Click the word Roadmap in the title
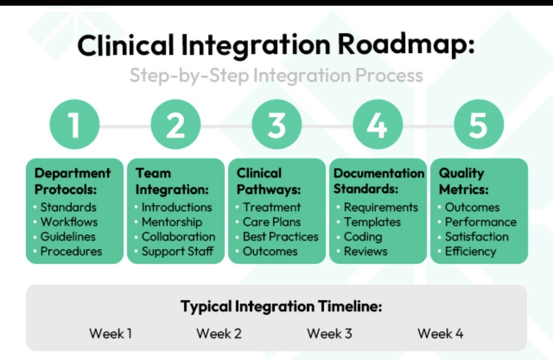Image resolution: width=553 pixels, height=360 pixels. coord(406,46)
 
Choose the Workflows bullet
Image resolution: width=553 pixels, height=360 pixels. coord(69,222)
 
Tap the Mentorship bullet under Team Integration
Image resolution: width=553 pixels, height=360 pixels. coord(172,222)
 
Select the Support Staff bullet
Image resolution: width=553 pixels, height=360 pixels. coord(177,251)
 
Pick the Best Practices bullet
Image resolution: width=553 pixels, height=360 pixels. coord(280,237)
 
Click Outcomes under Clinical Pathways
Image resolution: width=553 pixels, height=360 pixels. coord(270,251)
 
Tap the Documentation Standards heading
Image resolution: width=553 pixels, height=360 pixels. coord(379,181)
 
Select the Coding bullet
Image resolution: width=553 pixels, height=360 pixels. coord(363,237)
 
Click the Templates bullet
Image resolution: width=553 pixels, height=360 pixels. coord(372,222)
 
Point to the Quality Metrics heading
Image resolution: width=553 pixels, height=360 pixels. coord(463,181)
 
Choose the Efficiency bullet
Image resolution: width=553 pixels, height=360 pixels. coord(470,251)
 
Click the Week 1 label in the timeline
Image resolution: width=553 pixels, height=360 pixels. coord(111,334)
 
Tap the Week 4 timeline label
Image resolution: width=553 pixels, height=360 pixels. coord(440,334)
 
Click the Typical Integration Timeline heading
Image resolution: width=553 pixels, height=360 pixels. coord(281,307)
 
